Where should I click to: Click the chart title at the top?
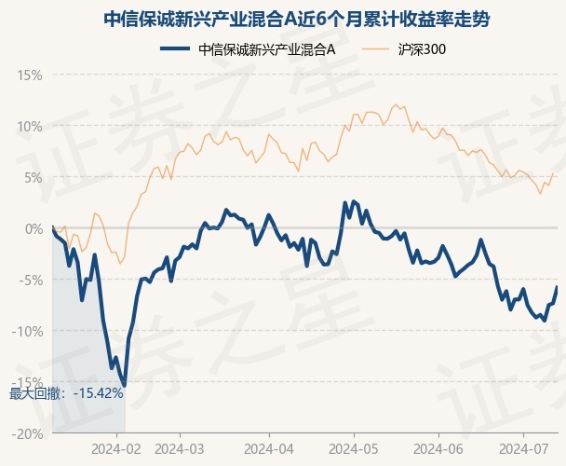[x=296, y=20]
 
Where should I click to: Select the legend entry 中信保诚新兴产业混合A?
[x=248, y=49]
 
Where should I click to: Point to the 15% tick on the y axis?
[x=30, y=75]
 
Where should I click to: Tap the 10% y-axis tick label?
[x=30, y=127]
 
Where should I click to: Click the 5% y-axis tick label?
[x=34, y=178]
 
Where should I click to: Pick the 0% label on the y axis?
[x=34, y=229]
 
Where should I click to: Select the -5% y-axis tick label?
[x=31, y=281]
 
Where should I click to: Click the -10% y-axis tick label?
[x=27, y=331]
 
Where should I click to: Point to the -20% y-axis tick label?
[x=27, y=433]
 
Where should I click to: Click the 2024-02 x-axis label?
[x=116, y=449]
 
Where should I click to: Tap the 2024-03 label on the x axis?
[x=180, y=449]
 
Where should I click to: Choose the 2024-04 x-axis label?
[x=269, y=449]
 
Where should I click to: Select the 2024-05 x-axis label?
[x=354, y=449]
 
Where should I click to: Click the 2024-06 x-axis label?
[x=438, y=449]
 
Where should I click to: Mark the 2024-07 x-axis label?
[x=523, y=449]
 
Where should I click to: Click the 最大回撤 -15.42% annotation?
[x=66, y=393]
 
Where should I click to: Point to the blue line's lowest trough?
[x=125, y=386]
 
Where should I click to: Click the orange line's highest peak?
[x=396, y=104]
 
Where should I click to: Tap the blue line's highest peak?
[x=354, y=201]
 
